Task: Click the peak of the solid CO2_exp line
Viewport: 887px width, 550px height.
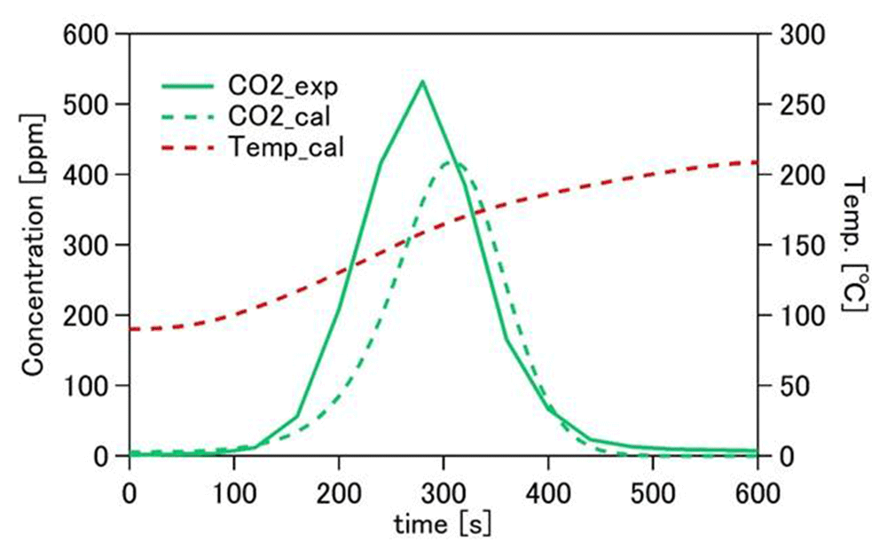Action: [422, 82]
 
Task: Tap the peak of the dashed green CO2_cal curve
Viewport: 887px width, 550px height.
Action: [451, 161]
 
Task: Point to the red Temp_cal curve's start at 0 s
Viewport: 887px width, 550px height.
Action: [131, 329]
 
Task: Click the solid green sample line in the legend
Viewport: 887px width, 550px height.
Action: [187, 86]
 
